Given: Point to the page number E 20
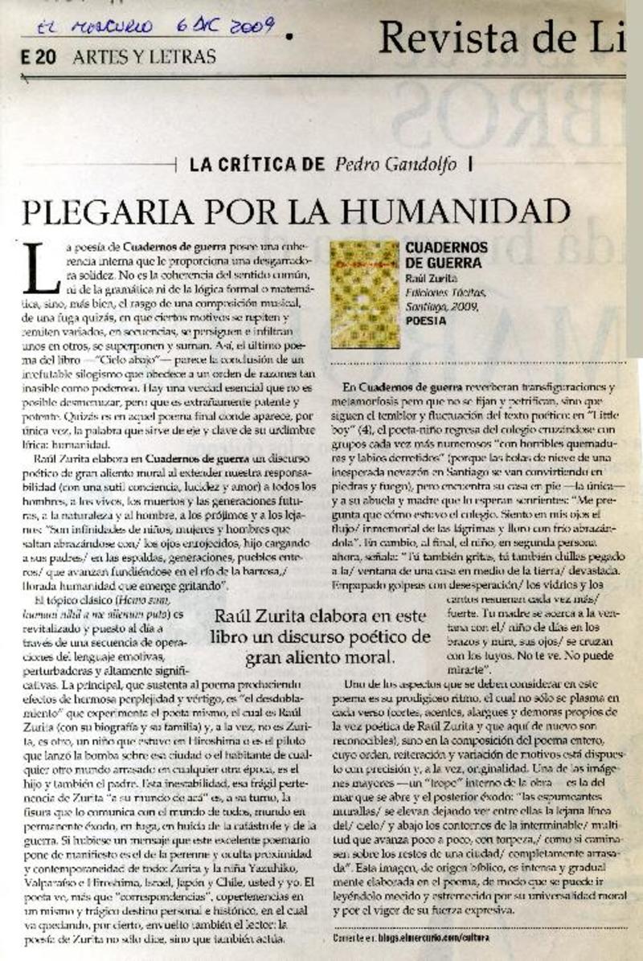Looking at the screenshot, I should click(x=39, y=57).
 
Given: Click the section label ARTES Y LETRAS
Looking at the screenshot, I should click(x=144, y=57).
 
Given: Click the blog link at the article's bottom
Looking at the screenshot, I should click(x=411, y=938).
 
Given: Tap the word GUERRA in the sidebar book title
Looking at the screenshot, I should click(x=453, y=263).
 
